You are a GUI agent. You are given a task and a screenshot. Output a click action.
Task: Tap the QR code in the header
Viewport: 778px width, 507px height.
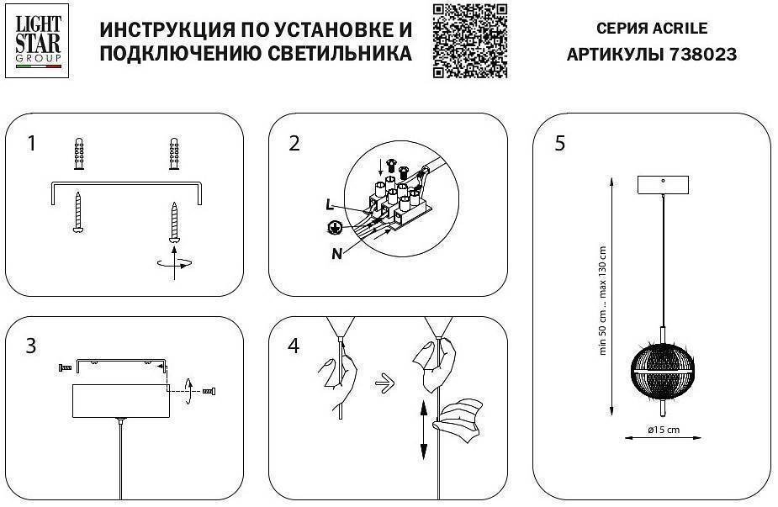coord(470,40)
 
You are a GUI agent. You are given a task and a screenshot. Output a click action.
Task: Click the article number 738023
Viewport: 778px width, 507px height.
coord(703,55)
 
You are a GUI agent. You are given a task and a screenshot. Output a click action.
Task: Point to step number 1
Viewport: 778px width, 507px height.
coord(32,143)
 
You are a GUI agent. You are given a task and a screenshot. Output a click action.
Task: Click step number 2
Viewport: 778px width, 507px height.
coord(294,143)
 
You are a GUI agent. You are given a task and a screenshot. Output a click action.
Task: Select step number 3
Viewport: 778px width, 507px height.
coord(31,346)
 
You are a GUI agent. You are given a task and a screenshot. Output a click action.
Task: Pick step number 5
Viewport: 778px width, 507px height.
coord(560,143)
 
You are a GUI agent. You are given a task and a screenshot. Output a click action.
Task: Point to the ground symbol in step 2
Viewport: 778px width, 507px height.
coord(334,227)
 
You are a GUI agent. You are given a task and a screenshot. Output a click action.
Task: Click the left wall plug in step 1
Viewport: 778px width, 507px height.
coord(78,153)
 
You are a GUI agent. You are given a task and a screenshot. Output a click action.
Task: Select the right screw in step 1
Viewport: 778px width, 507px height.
coord(175,220)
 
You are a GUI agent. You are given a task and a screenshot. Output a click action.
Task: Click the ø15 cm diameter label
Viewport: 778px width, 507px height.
coord(664,430)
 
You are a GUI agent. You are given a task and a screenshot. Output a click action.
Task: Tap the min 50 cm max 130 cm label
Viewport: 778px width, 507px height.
coord(602,301)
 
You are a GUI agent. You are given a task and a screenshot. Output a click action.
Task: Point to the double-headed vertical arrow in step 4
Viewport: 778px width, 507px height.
coord(421,430)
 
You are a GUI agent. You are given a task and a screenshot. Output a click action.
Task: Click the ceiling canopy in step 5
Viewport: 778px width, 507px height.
coord(664,183)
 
